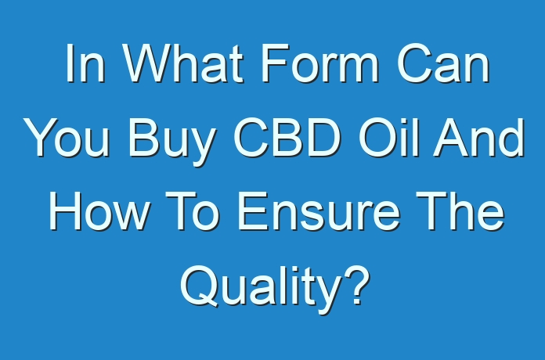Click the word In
[85, 63]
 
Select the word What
[183, 63]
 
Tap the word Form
[319, 63]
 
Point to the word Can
[443, 63]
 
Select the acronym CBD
[287, 138]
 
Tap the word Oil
[389, 138]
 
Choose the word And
[478, 138]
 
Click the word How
[100, 211]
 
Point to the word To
[192, 211]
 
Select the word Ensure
[319, 211]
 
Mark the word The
[460, 211]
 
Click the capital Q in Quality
[200, 286]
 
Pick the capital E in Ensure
[253, 211]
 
